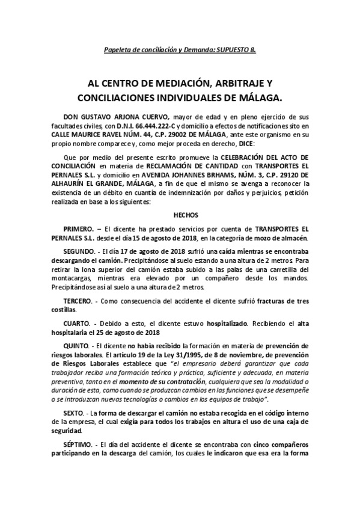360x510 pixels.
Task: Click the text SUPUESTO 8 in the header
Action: pos(234,49)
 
